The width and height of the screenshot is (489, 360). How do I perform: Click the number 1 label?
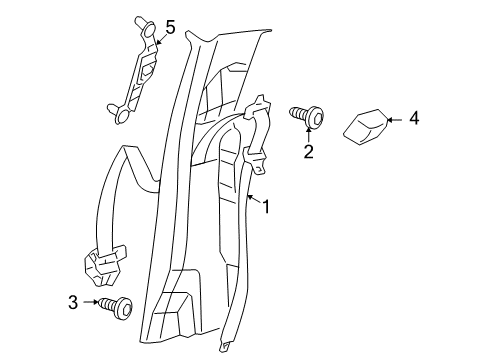[266, 207]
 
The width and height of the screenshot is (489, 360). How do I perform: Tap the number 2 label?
[309, 152]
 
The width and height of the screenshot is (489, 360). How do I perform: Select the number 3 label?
[73, 301]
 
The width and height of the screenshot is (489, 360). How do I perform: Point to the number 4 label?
[414, 119]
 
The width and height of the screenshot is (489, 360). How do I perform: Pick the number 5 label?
[169, 28]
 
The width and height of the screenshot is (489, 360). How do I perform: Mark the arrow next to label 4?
[392, 119]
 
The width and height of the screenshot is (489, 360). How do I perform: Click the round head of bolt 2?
[315, 119]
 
